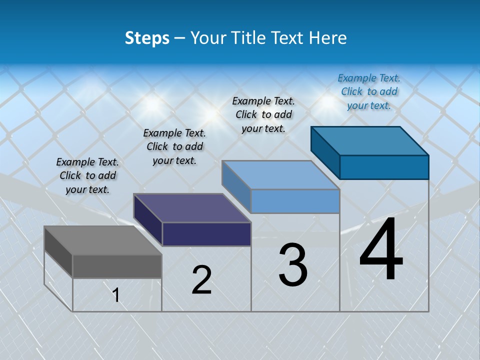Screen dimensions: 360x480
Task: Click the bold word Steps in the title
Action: (147, 38)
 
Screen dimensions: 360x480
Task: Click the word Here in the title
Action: (328, 38)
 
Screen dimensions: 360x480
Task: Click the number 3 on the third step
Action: (293, 265)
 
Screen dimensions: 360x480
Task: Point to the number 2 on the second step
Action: (201, 280)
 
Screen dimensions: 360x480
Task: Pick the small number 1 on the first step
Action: (116, 295)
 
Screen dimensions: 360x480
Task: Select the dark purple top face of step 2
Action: (192, 208)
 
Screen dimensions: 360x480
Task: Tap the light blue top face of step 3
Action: (280, 175)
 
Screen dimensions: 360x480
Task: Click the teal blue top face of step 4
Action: (370, 141)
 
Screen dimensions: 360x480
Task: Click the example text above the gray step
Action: (87, 175)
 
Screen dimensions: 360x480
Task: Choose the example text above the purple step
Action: (174, 146)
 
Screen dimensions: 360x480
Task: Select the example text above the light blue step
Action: (263, 114)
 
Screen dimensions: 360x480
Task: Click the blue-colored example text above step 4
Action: (369, 91)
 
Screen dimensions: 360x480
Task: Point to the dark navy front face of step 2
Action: (206, 234)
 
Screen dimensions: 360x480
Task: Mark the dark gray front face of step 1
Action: (117, 266)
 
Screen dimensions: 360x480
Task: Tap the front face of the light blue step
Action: (295, 201)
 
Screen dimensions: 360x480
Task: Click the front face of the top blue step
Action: (384, 167)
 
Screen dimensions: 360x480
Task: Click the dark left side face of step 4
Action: (325, 150)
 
